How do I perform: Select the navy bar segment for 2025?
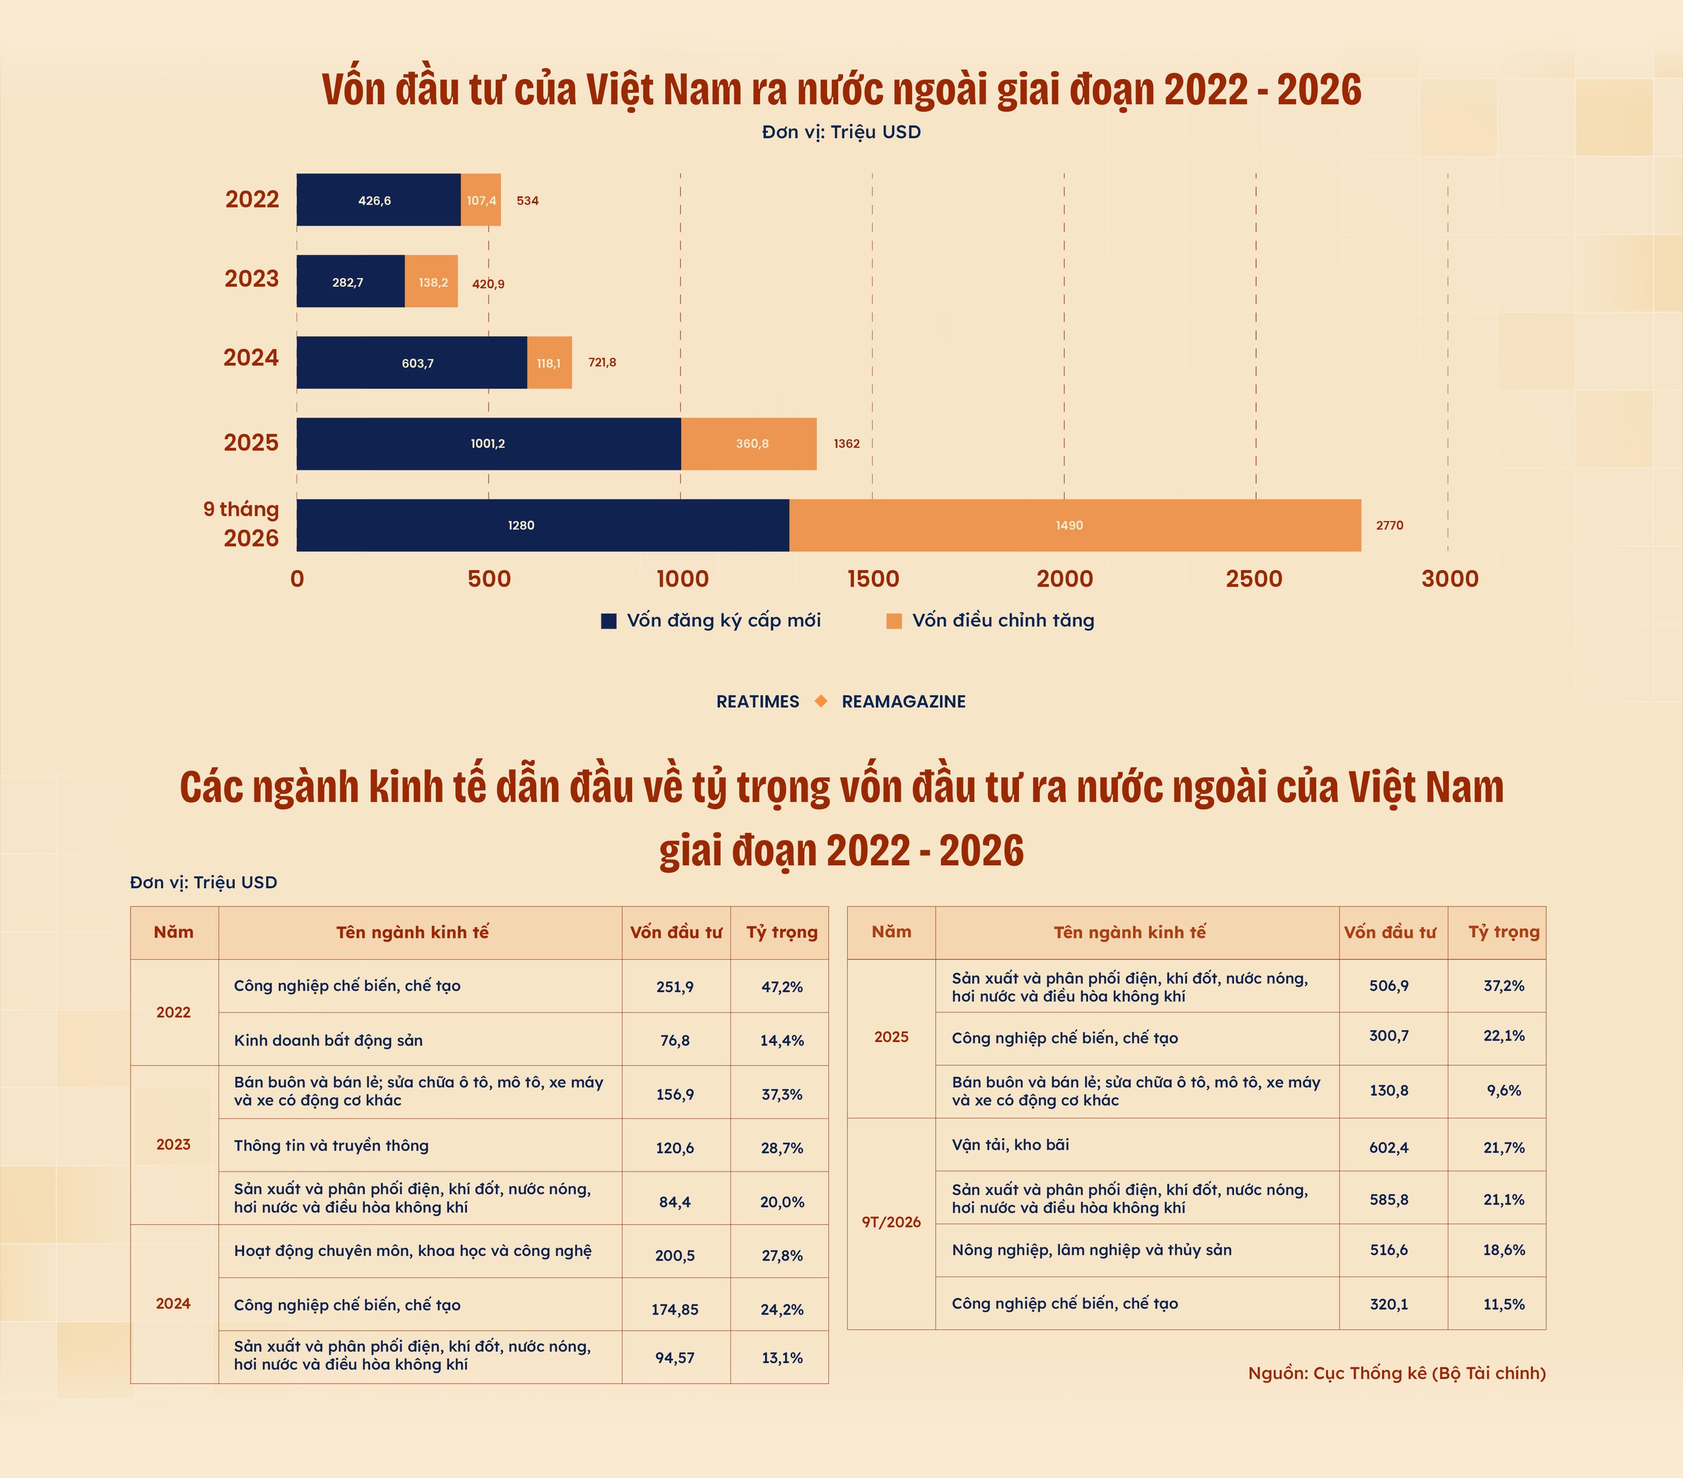(x=489, y=444)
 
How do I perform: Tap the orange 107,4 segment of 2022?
(x=481, y=200)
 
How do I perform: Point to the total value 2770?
(x=1390, y=525)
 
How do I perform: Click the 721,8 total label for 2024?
(x=602, y=362)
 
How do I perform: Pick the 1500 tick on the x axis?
(x=873, y=579)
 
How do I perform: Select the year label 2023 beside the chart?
(x=252, y=278)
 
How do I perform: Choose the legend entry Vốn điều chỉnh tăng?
(x=1003, y=620)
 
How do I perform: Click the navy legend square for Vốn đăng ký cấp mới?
(x=609, y=621)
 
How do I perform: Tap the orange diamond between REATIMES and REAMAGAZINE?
(x=821, y=701)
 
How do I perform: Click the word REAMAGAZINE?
(x=903, y=702)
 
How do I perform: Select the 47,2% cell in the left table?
(x=782, y=986)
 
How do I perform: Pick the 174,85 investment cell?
(x=675, y=1309)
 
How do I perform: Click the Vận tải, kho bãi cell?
(x=1010, y=1145)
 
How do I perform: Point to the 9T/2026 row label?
(x=891, y=1222)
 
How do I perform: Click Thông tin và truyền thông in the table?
(x=331, y=1145)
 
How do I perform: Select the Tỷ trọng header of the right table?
(x=1504, y=932)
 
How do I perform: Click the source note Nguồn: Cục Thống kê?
(x=1396, y=1373)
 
